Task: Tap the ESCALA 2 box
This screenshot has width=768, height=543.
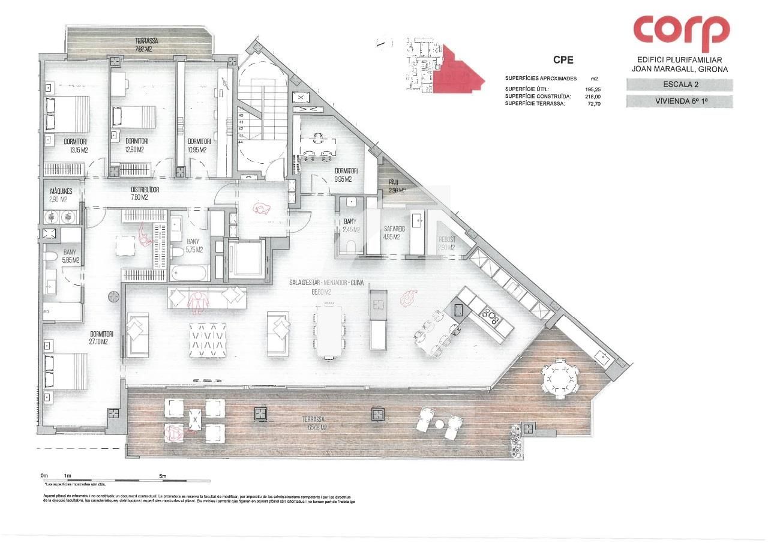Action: click(679, 85)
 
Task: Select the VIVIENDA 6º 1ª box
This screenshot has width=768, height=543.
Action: click(679, 101)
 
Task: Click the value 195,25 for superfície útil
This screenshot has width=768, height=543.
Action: click(592, 89)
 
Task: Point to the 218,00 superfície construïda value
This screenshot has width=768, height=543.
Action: click(592, 96)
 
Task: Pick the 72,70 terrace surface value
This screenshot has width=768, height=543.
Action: click(593, 103)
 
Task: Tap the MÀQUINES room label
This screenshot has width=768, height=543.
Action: click(61, 191)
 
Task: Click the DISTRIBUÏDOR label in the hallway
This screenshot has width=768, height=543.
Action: click(145, 190)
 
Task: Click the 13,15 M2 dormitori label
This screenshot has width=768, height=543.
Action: click(76, 146)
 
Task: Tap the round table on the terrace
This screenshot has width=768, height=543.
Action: click(561, 379)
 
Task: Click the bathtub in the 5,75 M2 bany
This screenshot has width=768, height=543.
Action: click(188, 274)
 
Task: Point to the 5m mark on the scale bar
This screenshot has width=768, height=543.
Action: click(163, 476)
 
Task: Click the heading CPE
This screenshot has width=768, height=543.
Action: click(563, 59)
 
